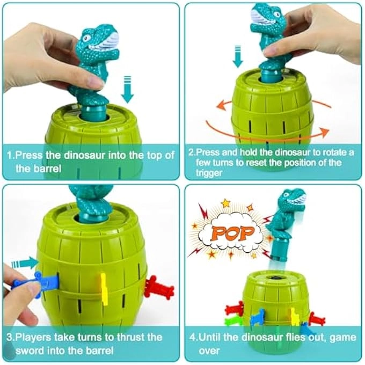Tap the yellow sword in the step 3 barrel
(104, 288)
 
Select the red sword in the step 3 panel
(159, 288)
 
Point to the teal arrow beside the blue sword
(24, 262)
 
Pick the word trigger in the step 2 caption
(204, 173)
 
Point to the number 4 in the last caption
(193, 338)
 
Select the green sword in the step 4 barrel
(231, 322)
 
